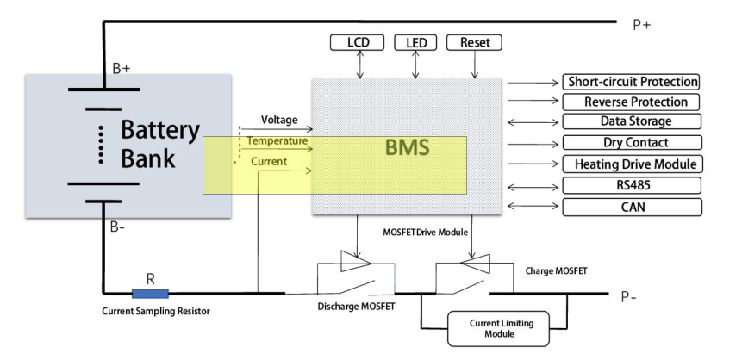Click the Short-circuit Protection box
(x=631, y=82)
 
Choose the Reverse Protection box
(x=631, y=102)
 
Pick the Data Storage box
(x=631, y=121)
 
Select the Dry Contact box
(x=631, y=142)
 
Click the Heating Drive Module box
(x=631, y=164)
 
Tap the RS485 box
(x=631, y=185)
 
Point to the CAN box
(x=631, y=207)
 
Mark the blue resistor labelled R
(x=150, y=294)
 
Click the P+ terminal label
(x=642, y=25)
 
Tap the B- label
(x=118, y=227)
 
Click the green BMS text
(x=407, y=149)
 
